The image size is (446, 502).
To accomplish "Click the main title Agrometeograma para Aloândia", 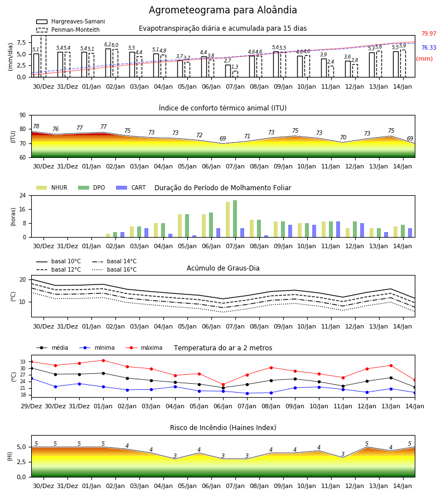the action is [222, 10].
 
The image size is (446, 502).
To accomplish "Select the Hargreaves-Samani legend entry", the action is [70, 21].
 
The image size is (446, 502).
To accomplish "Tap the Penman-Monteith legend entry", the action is [68, 30].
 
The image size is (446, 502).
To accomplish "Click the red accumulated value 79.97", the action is [429, 33].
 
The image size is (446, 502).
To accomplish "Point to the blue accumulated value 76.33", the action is [429, 48].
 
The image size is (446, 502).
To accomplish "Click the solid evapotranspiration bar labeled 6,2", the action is [108, 62].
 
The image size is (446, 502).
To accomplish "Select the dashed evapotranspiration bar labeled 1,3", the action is [235, 74].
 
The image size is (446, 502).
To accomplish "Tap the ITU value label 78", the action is [36, 127].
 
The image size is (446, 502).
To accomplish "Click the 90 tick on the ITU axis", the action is [23, 115].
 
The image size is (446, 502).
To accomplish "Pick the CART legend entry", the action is [131, 187].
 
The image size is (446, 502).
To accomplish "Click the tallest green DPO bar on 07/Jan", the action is [235, 219].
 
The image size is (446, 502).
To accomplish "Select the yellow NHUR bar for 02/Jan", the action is [108, 235].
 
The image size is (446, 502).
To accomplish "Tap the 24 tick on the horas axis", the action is [23, 195].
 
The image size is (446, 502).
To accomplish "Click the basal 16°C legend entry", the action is [114, 269].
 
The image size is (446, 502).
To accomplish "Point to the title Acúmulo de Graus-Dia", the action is [223, 268].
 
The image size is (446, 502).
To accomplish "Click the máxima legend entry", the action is [144, 347].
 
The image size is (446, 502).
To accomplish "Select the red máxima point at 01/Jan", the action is [103, 360].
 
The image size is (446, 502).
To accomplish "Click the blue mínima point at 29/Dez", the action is [31, 378].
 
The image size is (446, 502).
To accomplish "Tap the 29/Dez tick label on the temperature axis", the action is [31, 406].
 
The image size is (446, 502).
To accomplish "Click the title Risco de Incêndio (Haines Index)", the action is [223, 428].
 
